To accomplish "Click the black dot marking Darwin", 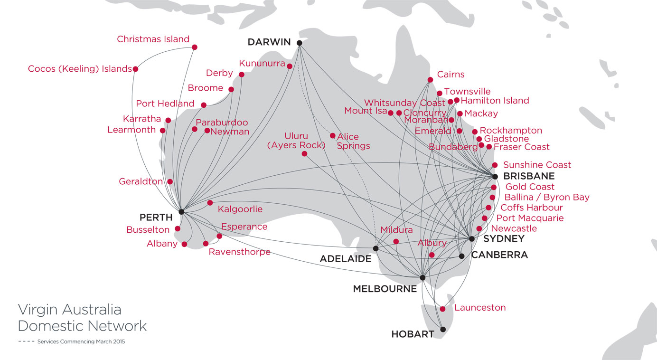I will [300, 43].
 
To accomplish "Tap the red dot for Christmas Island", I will [195, 47].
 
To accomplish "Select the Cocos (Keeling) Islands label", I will [79, 69].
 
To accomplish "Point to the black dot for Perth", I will [181, 212].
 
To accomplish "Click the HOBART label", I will [413, 334].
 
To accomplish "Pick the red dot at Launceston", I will [443, 309].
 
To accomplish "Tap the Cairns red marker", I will [430, 80].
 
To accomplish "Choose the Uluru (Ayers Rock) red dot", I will [304, 154].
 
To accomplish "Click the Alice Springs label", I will [353, 141].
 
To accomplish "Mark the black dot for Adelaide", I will [375, 248].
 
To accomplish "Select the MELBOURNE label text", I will [385, 289].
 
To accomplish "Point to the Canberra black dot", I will [461, 256].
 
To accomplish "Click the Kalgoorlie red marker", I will [210, 203].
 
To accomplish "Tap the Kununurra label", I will [262, 63].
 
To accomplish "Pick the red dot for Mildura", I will [396, 241].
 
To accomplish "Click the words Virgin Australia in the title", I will [69, 310].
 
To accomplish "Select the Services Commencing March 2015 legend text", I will [81, 341].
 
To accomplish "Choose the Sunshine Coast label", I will [537, 165].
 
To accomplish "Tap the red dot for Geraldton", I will [170, 181].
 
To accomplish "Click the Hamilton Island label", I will [495, 100].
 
